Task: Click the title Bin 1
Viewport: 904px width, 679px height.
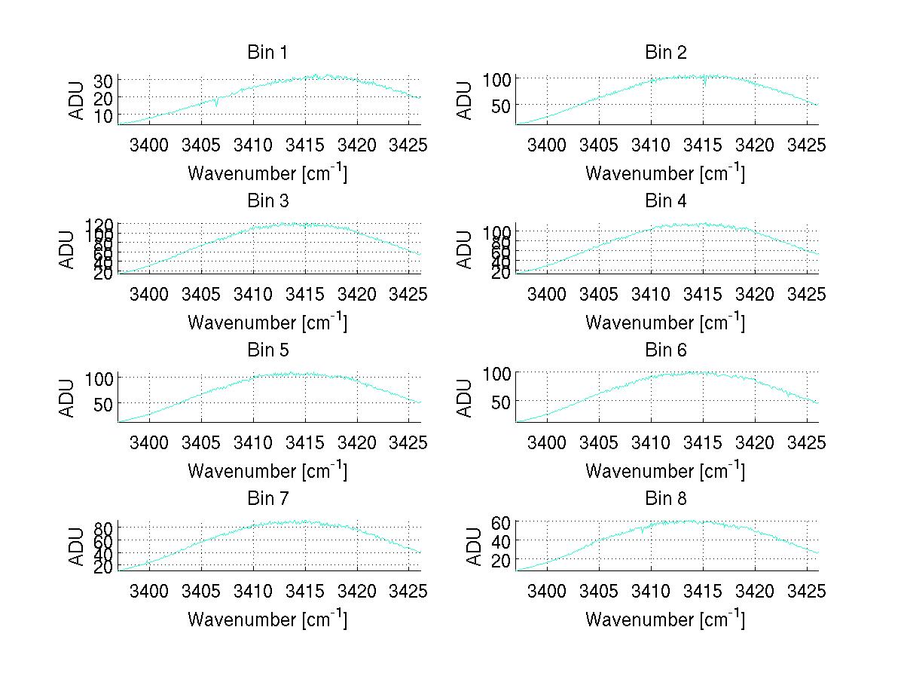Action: [267, 53]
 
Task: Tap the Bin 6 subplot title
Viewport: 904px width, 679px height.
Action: [666, 350]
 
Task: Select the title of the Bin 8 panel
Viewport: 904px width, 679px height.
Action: [666, 499]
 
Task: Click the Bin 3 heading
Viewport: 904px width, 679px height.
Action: [267, 202]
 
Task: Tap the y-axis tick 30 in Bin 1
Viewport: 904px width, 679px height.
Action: [103, 81]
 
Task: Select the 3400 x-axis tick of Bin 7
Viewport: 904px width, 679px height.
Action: [149, 592]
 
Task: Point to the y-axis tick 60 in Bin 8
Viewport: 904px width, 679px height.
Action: [502, 522]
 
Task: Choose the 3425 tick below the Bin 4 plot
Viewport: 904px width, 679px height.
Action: [808, 294]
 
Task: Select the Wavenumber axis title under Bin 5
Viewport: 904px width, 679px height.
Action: [267, 470]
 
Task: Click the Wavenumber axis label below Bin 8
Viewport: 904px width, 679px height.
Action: [665, 619]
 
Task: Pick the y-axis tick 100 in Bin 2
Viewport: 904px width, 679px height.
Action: [496, 79]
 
